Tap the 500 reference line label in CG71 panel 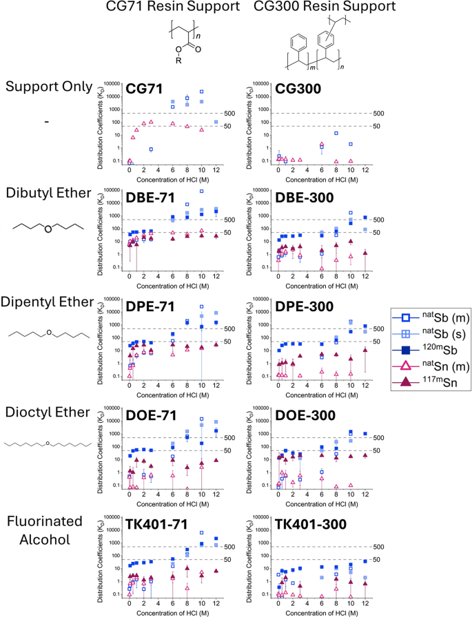point(232,113)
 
